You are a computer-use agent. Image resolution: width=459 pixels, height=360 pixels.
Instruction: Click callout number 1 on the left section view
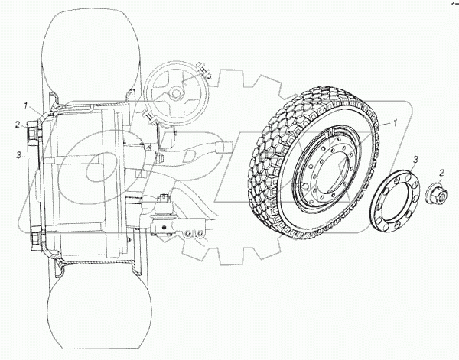(x=25, y=105)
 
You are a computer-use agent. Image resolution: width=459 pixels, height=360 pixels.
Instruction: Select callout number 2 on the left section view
(x=15, y=123)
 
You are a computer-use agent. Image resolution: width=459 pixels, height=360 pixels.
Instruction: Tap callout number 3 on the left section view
(x=15, y=156)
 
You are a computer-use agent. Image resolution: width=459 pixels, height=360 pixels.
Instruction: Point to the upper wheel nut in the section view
(x=32, y=136)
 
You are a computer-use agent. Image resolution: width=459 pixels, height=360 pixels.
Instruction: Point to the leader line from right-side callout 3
(x=409, y=170)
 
